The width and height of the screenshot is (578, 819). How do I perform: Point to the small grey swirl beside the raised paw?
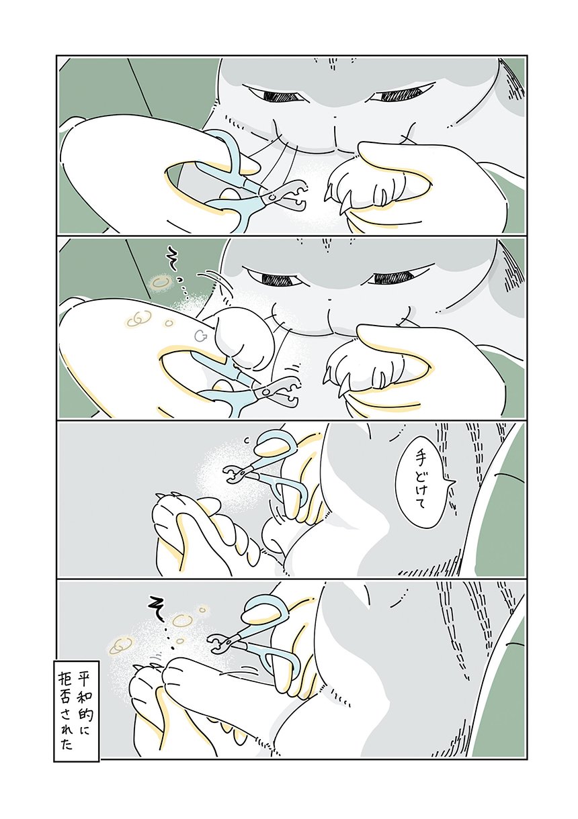(x=200, y=334)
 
